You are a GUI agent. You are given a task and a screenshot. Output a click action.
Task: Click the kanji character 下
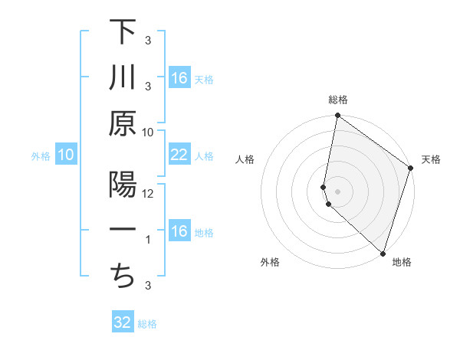click(123, 31)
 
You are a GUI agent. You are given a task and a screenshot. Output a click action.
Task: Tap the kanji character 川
click(123, 77)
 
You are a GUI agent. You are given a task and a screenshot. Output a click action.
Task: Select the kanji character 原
click(123, 123)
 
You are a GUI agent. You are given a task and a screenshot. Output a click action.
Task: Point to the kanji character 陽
click(123, 186)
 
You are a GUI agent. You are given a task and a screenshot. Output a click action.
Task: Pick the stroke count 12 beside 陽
click(148, 193)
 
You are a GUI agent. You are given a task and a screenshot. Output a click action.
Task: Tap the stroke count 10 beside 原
click(148, 132)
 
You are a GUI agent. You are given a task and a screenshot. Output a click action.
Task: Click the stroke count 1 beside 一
click(148, 240)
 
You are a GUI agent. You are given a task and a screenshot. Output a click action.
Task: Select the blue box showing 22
click(179, 155)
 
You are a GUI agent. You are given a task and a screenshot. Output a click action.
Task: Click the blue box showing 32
click(123, 322)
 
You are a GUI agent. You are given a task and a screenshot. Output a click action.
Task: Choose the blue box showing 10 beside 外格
click(65, 155)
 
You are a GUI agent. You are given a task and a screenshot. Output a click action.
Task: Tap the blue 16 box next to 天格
click(179, 78)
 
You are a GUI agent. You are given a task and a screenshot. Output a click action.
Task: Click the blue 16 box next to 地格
click(179, 231)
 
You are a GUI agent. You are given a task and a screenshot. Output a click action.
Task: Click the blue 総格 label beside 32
click(147, 324)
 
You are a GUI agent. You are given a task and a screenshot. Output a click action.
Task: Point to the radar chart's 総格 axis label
click(338, 100)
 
